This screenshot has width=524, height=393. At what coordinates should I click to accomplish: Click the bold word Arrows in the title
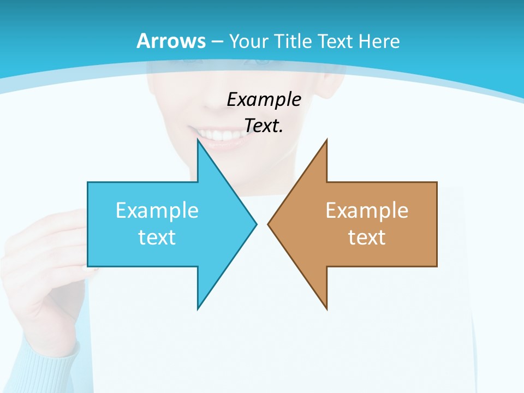click(171, 41)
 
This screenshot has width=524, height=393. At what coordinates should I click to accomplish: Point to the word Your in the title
click(249, 41)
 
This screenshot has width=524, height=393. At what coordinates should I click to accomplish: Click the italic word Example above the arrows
click(264, 99)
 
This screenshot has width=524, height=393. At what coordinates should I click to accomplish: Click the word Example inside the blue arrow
click(157, 210)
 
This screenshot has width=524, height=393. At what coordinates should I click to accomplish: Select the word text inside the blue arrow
click(157, 237)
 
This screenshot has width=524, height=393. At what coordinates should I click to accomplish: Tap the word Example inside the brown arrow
click(367, 210)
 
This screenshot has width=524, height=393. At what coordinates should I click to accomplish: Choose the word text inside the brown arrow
click(367, 237)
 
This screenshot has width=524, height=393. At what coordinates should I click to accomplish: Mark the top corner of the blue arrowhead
click(198, 141)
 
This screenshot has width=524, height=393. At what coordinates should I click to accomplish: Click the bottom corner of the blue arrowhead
click(198, 308)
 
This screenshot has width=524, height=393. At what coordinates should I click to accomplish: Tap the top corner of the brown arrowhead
click(326, 141)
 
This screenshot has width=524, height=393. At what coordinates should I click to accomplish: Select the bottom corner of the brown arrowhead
click(326, 308)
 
